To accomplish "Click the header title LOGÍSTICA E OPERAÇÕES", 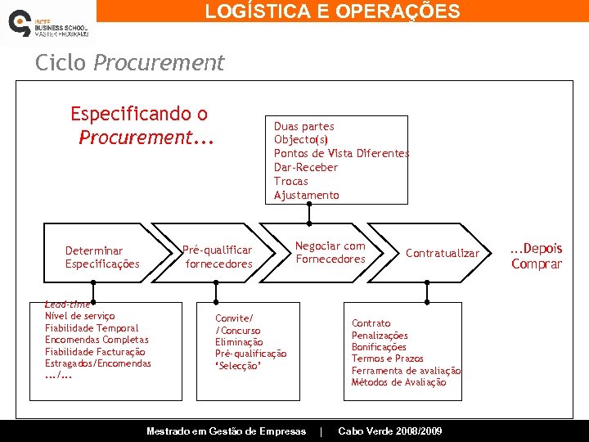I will (332, 11).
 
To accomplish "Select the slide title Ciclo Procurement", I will (129, 63).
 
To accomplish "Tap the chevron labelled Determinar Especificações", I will (102, 257).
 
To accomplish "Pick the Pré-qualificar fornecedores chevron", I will (218, 257).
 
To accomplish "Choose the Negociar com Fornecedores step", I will (330, 252).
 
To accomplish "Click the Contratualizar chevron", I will (442, 253).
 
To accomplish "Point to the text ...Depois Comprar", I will (537, 256).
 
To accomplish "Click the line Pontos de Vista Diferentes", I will (341, 154).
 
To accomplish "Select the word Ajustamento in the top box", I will (306, 195).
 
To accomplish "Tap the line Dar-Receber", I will (305, 168).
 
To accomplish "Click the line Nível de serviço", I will (79, 316).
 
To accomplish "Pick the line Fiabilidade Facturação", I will (95, 351).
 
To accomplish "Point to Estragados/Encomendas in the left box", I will (97, 363).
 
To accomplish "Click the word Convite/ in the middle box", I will (234, 318).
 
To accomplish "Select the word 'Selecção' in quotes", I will (237, 366).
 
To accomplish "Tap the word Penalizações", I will (380, 336).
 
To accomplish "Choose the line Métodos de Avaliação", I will (398, 382).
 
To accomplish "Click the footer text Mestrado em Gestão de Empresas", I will (226, 431).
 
